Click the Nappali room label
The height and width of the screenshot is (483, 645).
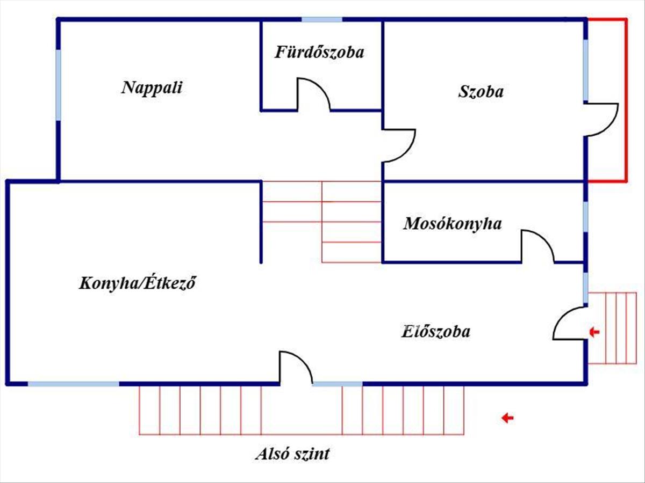152,87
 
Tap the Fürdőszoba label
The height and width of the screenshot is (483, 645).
320,52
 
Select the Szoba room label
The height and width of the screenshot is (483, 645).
481,91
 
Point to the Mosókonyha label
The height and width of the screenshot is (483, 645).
453,223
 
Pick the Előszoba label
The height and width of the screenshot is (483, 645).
435,331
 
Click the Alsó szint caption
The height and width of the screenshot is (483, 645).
292,455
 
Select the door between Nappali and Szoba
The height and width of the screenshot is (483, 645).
399,145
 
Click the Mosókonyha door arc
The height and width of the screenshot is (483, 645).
537,246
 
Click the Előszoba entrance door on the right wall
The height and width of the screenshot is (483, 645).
569,324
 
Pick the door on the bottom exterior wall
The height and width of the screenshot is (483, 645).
295,368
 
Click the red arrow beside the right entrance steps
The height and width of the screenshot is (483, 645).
594,332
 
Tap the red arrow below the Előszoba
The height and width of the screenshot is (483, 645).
507,418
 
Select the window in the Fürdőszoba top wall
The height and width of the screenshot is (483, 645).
321,20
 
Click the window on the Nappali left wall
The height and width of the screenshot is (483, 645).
58,85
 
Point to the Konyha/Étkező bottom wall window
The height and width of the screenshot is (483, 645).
74,384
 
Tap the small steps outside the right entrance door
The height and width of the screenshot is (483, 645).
613,328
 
